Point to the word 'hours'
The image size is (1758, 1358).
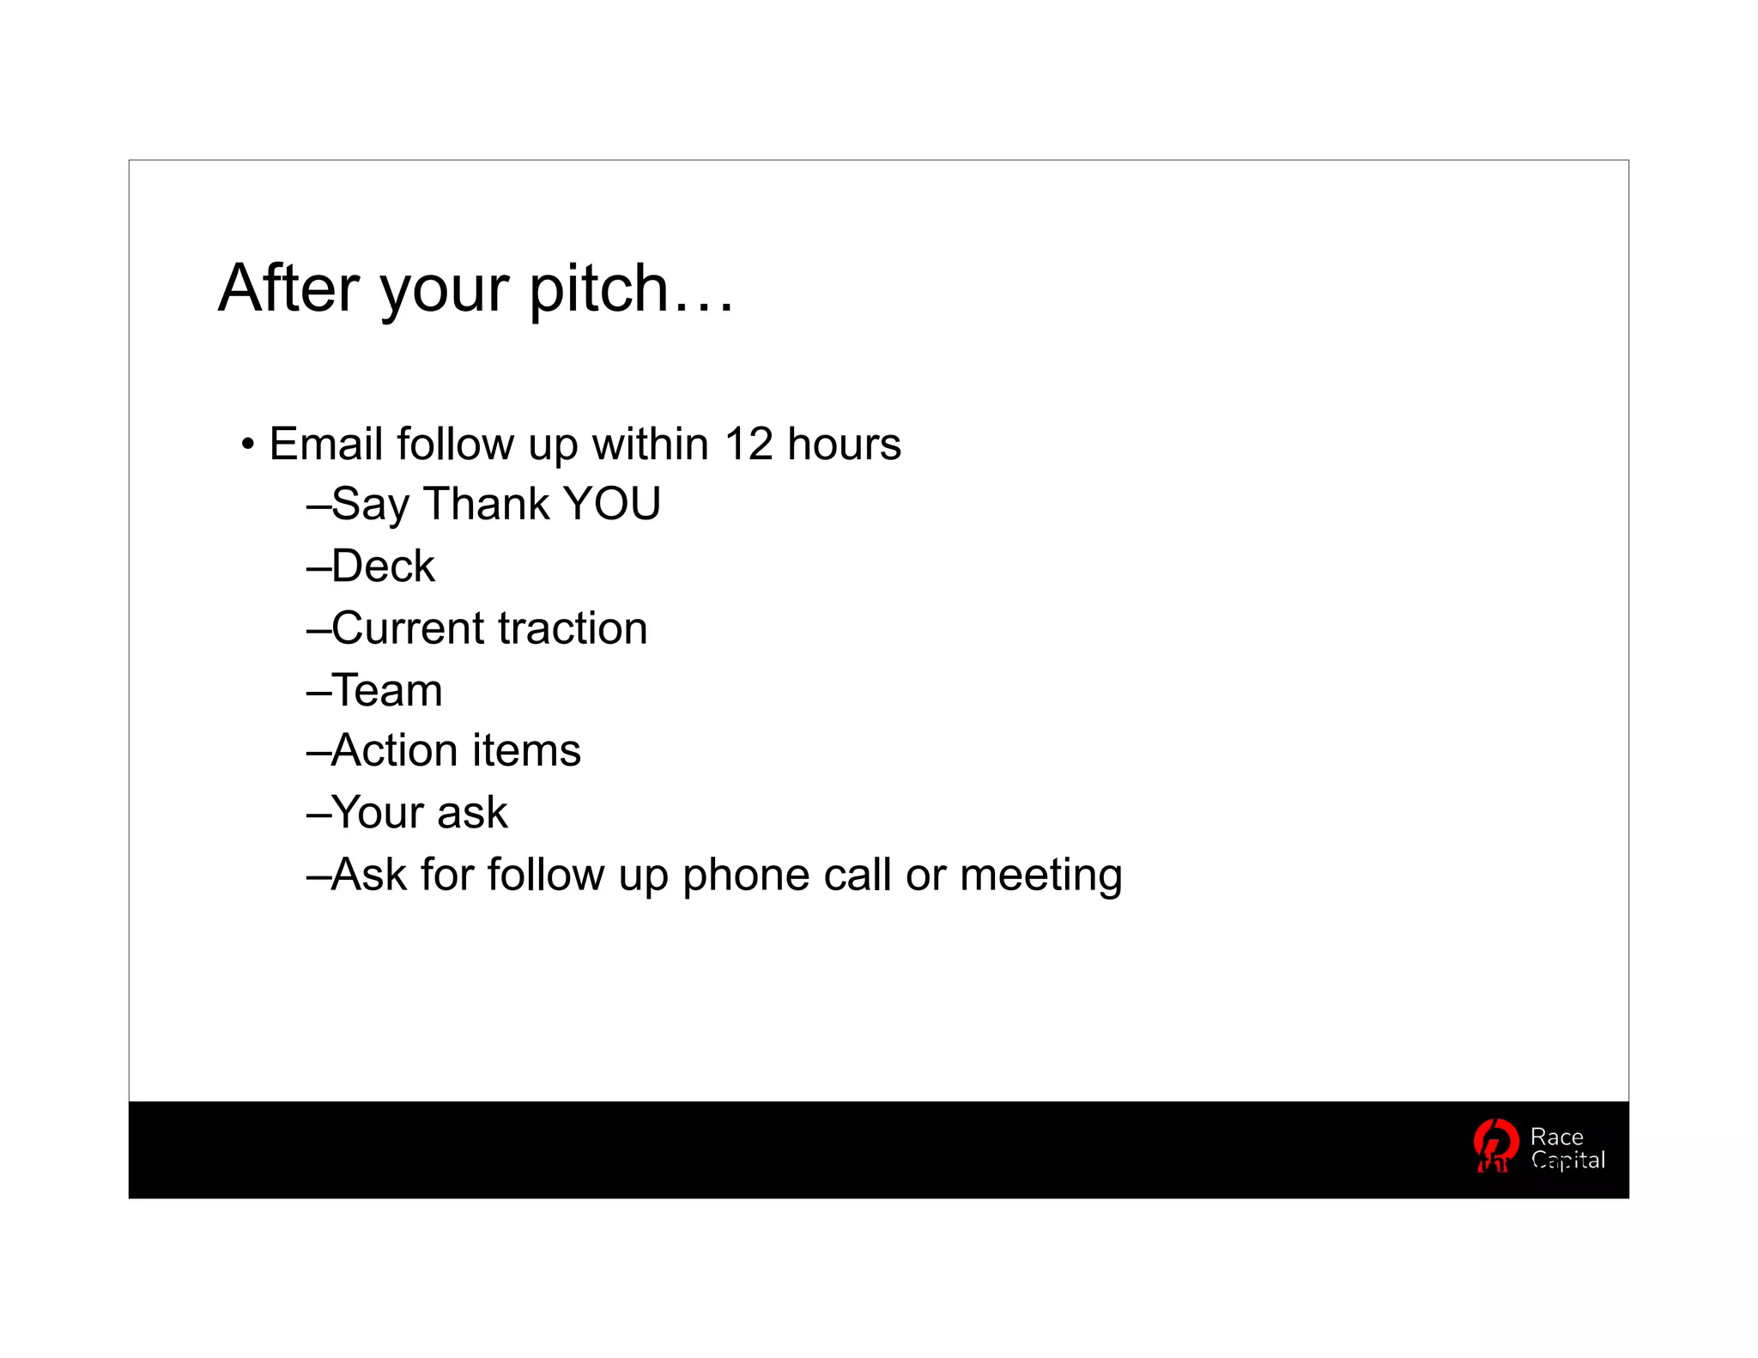(844, 445)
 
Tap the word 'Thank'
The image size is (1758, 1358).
(487, 504)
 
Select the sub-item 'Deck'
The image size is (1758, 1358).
(383, 567)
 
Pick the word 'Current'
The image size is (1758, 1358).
(409, 628)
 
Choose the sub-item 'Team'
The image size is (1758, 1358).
(387, 690)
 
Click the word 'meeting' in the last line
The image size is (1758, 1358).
(1040, 876)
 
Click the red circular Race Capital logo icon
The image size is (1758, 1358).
(1495, 1145)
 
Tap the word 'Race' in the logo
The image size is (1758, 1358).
(1556, 1137)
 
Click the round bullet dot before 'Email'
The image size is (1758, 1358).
(248, 446)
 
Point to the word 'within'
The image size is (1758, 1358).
(650, 445)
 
